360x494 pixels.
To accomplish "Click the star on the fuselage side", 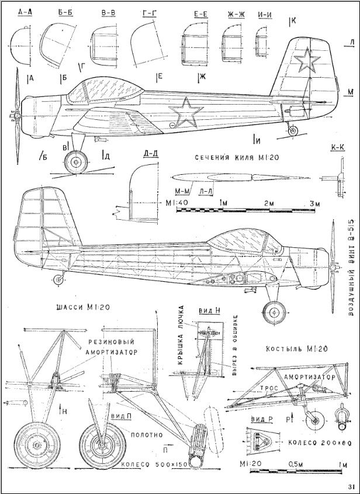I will tap(185, 113).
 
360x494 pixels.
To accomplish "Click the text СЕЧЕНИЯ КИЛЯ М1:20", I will tap(236, 157).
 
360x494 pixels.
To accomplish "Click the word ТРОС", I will tap(268, 388).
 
